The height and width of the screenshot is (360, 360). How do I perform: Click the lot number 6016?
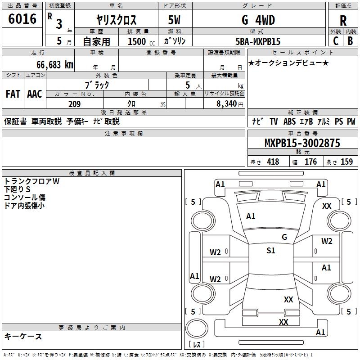(22, 19)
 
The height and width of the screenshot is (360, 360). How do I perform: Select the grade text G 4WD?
(258, 20)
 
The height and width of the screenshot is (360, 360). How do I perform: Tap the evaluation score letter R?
(343, 21)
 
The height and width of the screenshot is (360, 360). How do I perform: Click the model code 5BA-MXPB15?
(258, 41)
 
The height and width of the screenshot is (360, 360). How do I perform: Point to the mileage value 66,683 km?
(51, 64)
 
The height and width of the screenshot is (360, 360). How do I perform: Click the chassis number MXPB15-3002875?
(302, 143)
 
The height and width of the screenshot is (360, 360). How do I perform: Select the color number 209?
(74, 104)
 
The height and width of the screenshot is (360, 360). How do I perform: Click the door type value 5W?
(174, 21)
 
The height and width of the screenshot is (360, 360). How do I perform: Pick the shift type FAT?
(13, 94)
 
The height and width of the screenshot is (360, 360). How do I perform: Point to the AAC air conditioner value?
(35, 94)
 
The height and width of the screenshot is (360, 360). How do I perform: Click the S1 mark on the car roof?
(270, 251)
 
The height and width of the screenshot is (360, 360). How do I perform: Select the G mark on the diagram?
(284, 237)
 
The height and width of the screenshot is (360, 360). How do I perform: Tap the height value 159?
(346, 162)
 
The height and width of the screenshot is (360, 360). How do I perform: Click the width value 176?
(310, 162)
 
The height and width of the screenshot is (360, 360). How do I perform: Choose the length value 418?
(273, 162)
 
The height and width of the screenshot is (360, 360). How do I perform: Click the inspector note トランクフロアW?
(31, 181)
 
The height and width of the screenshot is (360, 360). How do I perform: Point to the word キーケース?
(23, 336)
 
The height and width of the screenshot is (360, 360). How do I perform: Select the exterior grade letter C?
(335, 41)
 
